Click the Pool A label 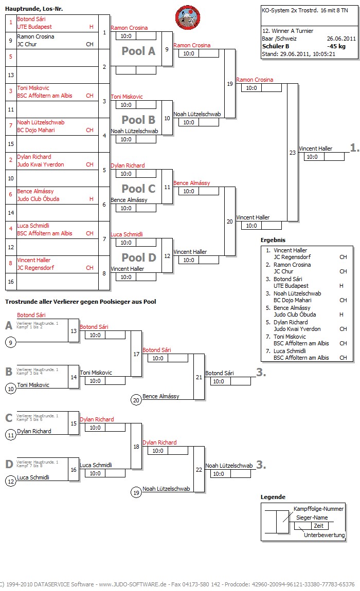tap(138, 51)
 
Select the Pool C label tap(138, 189)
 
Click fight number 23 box tap(293, 152)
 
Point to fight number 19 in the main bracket tap(230, 83)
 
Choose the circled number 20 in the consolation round tap(136, 400)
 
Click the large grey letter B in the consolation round tap(9, 372)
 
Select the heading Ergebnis tap(273, 240)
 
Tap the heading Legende tap(273, 497)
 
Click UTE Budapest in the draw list tap(34, 27)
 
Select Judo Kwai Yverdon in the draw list tap(41, 164)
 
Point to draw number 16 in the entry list tap(11, 282)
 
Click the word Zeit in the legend tap(318, 526)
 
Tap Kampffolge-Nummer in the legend tap(318, 509)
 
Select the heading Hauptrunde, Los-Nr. tap(34, 9)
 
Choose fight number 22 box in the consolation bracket tap(199, 469)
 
